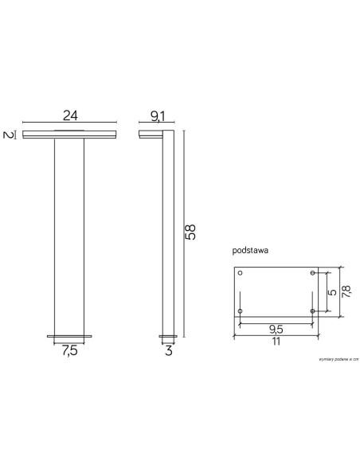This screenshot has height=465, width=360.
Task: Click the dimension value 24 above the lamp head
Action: tap(69, 114)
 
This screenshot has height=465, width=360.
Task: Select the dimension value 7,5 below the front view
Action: tap(69, 351)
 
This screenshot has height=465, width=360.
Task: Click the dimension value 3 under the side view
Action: tap(169, 351)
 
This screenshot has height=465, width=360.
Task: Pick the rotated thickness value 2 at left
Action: tap(7, 134)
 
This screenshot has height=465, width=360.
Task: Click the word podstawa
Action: tap(250, 250)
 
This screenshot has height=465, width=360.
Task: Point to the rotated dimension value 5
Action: tap(332, 291)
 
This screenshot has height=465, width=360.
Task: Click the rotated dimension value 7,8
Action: tap(346, 291)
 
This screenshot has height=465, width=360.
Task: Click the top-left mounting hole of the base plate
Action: tap(241, 273)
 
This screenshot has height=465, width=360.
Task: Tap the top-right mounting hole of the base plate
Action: tap(312, 273)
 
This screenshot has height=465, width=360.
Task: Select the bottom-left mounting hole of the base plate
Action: tap(241, 310)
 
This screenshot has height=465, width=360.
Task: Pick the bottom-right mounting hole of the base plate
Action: tap(312, 310)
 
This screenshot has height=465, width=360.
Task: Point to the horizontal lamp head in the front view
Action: tap(69, 133)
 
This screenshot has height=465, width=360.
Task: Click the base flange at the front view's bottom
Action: tap(69, 336)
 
